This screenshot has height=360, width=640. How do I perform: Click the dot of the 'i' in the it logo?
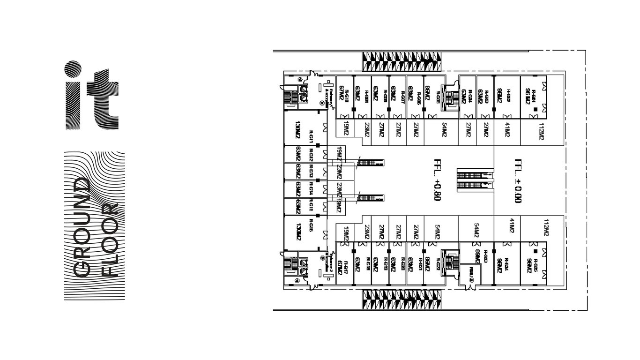tap(73, 68)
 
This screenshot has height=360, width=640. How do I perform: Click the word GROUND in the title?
tap(82, 227)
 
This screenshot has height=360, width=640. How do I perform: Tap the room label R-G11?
tap(310, 136)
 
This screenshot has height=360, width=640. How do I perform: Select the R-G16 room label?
tap(310, 227)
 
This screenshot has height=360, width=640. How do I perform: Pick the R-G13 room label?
tap(310, 171)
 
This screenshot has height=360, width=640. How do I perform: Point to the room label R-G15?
tap(310, 206)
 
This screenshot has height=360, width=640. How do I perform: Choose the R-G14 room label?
tap(310, 188)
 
